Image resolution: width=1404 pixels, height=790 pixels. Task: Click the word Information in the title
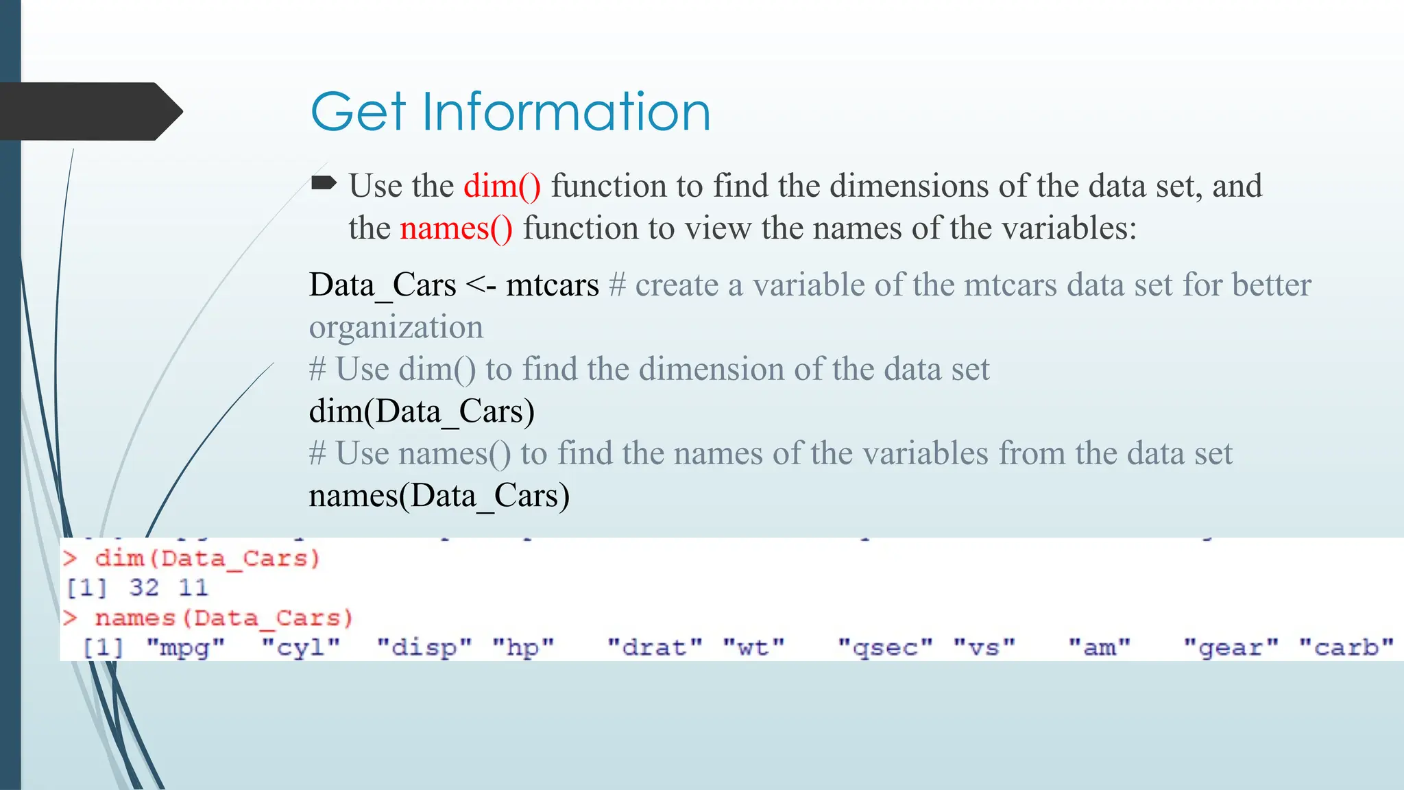pos(566,111)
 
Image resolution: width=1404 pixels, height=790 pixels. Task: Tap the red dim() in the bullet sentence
pos(502,186)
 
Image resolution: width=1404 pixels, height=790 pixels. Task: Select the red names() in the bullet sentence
pos(456,228)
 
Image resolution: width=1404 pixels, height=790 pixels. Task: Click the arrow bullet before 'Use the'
pos(324,182)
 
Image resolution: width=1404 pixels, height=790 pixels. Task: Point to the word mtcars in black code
pos(553,285)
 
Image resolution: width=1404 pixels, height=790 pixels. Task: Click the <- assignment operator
pos(481,285)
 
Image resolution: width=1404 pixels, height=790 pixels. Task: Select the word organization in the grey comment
pos(396,327)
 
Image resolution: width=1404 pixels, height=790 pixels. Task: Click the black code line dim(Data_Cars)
pos(422,411)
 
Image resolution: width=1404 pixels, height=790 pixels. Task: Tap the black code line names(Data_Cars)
pos(439,496)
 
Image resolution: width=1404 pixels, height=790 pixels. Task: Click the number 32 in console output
pos(144,588)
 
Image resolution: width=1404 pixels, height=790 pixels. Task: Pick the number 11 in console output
pos(193,588)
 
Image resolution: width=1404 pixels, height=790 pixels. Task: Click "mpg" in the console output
pos(185,647)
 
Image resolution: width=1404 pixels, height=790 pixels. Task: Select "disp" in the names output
pos(424,647)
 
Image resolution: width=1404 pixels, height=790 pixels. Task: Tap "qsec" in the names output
pos(885,647)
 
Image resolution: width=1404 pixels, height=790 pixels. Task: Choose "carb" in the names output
pos(1346,647)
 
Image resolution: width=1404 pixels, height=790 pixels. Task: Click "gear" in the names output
pos(1231,647)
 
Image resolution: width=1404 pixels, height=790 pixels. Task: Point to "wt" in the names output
pos(753,647)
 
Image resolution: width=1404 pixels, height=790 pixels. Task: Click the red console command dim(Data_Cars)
pos(207,558)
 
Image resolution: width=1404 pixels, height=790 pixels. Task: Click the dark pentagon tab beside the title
pos(89,111)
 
